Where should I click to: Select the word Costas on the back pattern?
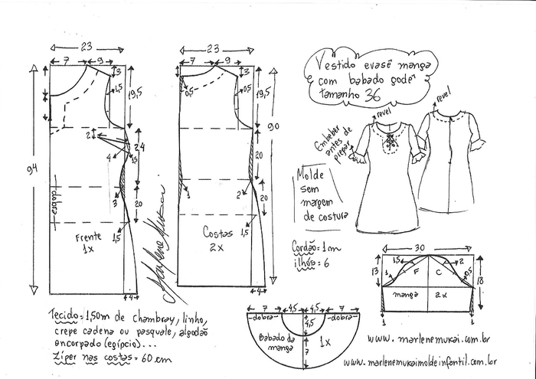pyautogui.click(x=217, y=230)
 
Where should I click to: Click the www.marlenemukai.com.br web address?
pyautogui.click(x=432, y=338)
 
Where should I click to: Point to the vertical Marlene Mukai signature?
pyautogui.click(x=152, y=237)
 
